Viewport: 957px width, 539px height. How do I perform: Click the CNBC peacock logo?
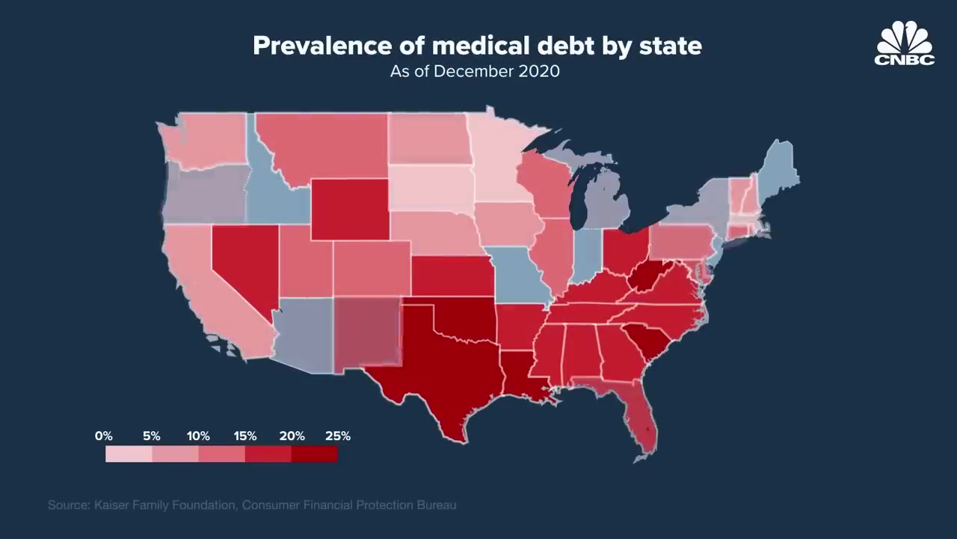pyautogui.click(x=905, y=43)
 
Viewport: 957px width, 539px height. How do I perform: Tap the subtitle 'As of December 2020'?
pyautogui.click(x=475, y=72)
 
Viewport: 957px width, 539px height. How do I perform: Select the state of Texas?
pyautogui.click(x=441, y=367)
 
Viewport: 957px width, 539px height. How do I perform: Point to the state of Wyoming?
pyautogui.click(x=349, y=210)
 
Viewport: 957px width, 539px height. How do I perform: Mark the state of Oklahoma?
pyautogui.click(x=464, y=318)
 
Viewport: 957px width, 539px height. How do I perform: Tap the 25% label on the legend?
pyautogui.click(x=338, y=436)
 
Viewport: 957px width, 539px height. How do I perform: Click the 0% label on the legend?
pyautogui.click(x=104, y=436)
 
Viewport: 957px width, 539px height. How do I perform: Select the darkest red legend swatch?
pyautogui.click(x=315, y=454)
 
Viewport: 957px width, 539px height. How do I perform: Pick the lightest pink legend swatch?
pyautogui.click(x=129, y=454)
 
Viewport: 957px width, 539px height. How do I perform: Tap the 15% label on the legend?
pyautogui.click(x=245, y=436)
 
